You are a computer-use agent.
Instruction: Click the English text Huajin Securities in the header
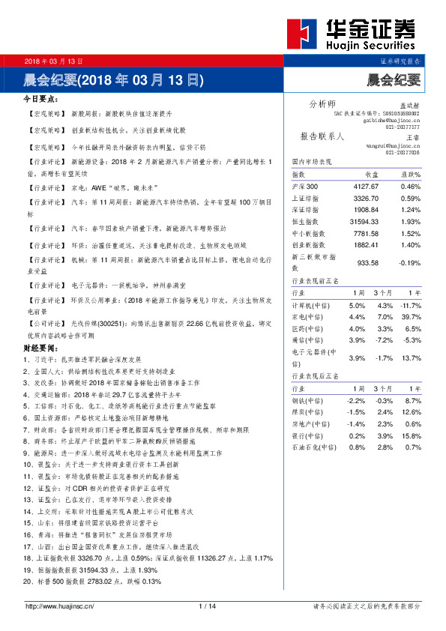coord(370,45)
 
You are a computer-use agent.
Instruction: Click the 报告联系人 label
coord(322,136)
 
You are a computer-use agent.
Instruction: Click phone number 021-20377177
coord(403,127)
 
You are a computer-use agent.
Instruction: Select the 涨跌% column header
coord(409,174)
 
